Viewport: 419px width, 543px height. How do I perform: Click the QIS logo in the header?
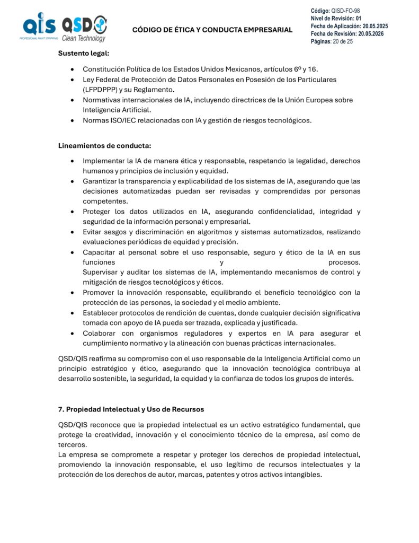39,27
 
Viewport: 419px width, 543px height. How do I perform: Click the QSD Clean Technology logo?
84,28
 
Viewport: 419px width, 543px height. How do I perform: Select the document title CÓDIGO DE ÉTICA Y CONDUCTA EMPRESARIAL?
212,30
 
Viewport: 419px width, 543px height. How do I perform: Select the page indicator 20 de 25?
343,41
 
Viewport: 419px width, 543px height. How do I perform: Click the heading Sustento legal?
84,54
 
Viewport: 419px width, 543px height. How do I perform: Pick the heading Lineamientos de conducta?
97,146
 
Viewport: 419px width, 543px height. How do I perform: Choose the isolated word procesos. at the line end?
344,262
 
